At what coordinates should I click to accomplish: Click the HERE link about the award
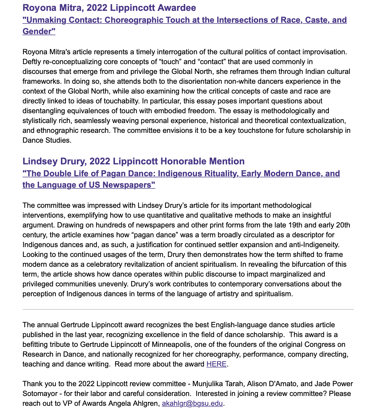[216, 364]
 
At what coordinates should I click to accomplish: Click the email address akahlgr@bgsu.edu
[192, 403]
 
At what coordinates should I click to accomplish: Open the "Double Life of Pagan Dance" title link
[181, 173]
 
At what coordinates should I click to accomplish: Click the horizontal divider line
[188, 309]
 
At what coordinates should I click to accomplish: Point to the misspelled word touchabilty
[123, 101]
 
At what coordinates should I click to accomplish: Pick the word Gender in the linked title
[39, 32]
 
